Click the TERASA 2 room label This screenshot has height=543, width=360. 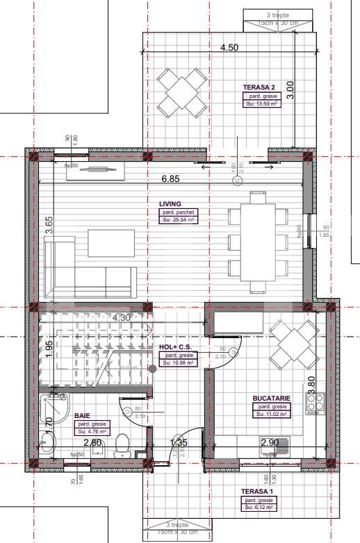tap(259, 87)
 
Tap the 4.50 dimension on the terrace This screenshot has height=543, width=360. tap(229, 48)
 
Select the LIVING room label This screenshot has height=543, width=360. tap(170, 203)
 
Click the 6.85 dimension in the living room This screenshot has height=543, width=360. tap(170, 178)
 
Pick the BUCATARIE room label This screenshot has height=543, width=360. tap(270, 399)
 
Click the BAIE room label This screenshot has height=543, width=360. tap(82, 416)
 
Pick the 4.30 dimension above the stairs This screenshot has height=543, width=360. tap(121, 318)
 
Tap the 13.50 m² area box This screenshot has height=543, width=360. tap(261, 103)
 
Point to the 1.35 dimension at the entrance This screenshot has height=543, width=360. tap(179, 442)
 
